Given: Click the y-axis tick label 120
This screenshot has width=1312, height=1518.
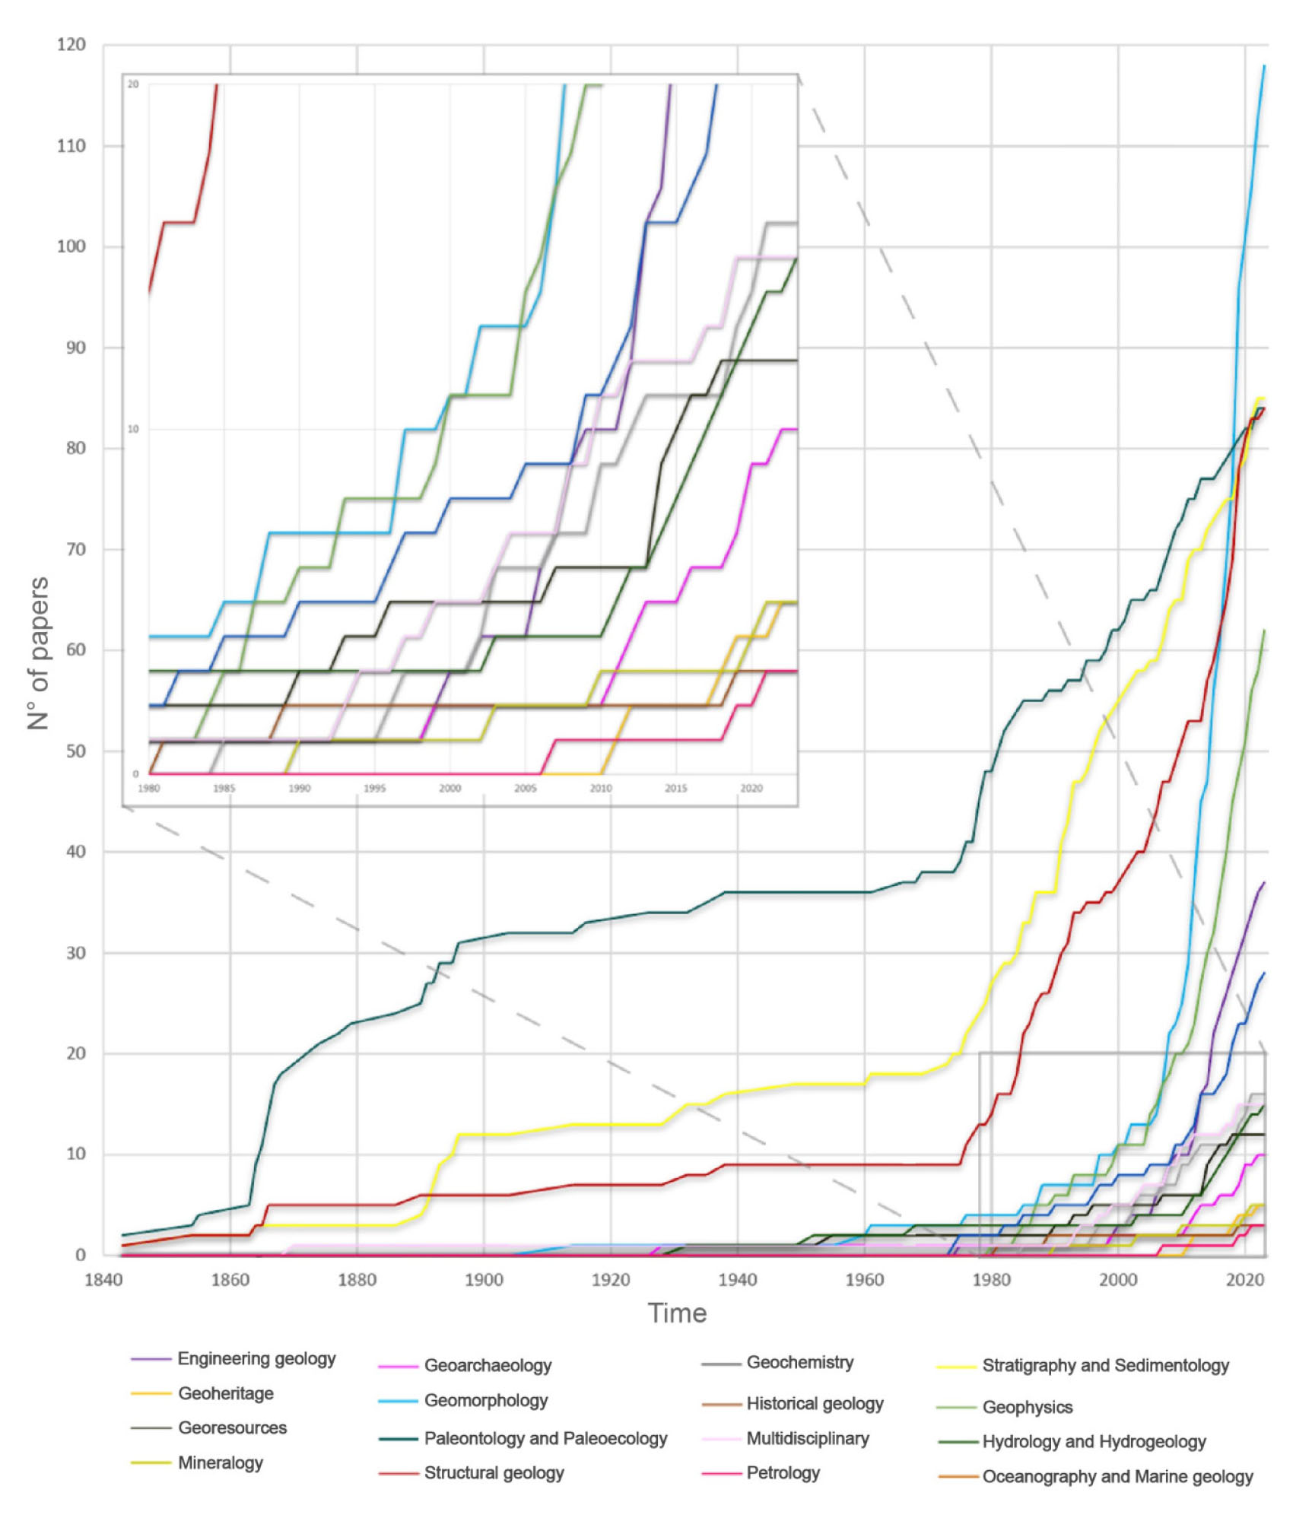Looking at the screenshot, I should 71,45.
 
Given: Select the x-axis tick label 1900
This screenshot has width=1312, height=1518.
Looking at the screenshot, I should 484,1280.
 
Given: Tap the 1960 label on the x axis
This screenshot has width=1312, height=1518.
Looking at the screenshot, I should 864,1280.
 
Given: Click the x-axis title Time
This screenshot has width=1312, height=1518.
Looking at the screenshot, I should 677,1313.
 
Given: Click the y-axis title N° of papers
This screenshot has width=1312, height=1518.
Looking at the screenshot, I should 38,653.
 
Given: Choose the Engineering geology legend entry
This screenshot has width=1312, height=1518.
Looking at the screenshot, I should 256,1359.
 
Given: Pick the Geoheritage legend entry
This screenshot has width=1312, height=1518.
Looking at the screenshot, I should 226,1393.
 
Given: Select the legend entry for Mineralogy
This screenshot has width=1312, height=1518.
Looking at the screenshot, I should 221,1462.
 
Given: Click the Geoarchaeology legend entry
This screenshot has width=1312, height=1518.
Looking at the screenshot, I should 488,1365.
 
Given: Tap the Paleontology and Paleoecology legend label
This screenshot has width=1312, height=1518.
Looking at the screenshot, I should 545,1438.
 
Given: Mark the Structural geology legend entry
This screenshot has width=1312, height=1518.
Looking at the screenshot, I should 494,1473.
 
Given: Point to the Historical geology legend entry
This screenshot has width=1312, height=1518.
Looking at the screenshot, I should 815,1403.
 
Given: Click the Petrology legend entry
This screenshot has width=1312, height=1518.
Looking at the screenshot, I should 783,1473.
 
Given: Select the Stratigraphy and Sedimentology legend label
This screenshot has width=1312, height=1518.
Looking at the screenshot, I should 1105,1365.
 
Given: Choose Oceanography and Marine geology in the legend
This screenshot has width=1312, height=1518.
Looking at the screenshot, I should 1117,1476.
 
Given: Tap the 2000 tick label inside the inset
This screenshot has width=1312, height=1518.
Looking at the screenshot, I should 450,789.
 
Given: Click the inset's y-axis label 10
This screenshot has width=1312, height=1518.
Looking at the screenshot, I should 133,430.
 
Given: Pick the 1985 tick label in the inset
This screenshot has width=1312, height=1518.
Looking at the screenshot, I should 224,789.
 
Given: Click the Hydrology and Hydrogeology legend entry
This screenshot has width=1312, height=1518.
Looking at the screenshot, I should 1094,1441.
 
